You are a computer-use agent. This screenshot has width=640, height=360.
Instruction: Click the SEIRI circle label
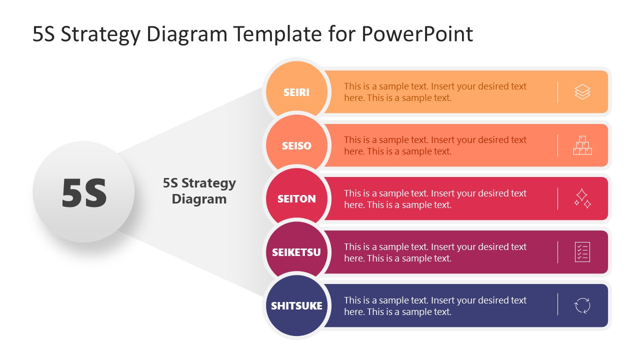[296, 92]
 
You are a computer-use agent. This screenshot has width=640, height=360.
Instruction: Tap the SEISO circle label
[296, 146]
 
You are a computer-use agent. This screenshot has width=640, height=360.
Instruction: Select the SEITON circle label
[296, 199]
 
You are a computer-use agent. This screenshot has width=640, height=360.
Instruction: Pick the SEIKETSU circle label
[296, 252]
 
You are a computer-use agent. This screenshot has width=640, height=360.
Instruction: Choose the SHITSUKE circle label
[296, 305]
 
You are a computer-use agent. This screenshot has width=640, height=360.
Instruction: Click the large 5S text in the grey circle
[84, 193]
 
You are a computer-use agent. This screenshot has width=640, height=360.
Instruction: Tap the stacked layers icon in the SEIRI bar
[582, 92]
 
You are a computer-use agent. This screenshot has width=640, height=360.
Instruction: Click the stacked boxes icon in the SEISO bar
[582, 145]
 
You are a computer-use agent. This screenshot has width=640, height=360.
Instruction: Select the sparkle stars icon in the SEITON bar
[582, 198]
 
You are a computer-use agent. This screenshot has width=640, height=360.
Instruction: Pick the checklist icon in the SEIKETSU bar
[582, 252]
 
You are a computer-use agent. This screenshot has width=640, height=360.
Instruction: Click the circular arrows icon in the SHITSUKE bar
[582, 305]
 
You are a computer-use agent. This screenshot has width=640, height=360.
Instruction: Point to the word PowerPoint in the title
[416, 34]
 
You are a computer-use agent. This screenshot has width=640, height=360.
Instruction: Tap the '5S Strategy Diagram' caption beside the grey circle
[199, 191]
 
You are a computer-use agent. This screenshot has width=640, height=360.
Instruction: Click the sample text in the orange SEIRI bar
[435, 92]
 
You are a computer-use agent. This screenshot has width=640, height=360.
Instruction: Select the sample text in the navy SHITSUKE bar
[435, 306]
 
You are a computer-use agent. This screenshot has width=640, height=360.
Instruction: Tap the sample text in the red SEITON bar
[435, 199]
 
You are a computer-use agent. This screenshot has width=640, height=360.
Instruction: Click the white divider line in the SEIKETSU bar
[557, 252]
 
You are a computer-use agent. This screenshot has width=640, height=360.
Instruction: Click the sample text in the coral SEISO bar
[435, 145]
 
